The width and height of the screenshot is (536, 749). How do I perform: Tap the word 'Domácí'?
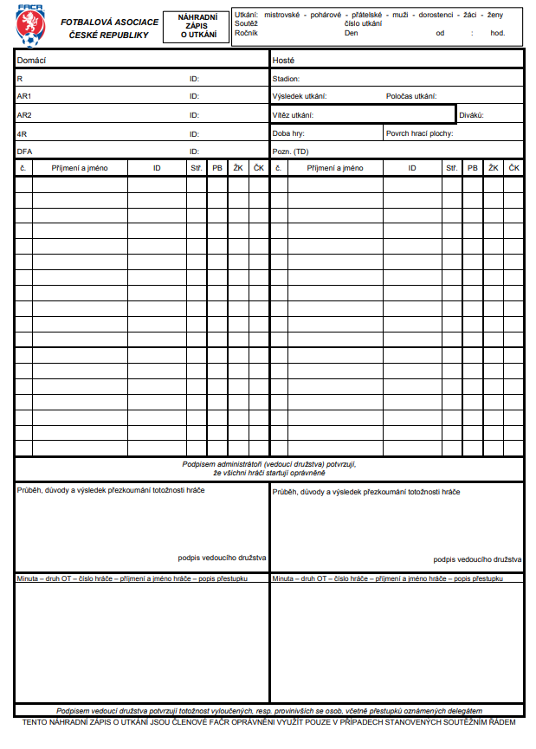[x=31, y=60]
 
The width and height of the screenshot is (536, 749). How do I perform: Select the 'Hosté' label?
[x=283, y=60]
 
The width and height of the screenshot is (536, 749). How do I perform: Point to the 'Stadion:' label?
[x=286, y=78]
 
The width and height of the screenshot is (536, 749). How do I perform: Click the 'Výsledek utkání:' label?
[x=299, y=96]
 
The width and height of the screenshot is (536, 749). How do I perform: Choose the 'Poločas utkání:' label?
[x=411, y=96]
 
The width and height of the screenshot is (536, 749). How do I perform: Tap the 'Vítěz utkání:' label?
[x=293, y=114]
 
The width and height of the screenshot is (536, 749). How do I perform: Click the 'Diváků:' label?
[x=471, y=114]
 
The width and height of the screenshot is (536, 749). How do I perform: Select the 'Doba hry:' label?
[x=288, y=133]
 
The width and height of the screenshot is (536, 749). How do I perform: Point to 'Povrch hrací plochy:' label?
[x=419, y=133]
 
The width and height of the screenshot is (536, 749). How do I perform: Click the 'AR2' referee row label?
[x=24, y=114]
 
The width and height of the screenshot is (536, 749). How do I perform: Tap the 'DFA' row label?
[x=24, y=151]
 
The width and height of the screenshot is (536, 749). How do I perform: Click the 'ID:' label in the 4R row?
[x=194, y=133]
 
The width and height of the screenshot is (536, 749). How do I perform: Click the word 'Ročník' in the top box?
[x=247, y=33]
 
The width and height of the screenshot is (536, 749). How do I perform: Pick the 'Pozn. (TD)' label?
[x=290, y=151]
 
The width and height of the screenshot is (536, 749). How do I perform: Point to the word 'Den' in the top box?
[x=351, y=33]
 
